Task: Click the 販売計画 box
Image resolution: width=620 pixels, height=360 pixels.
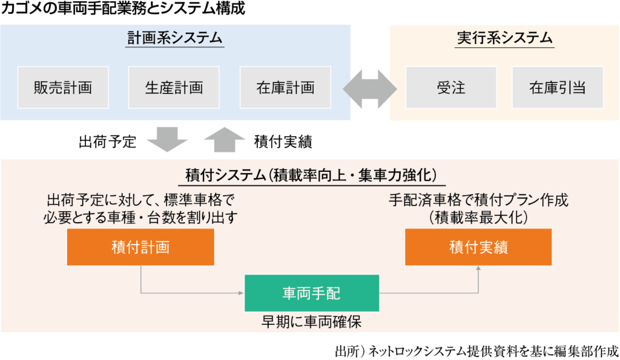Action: (x=63, y=87)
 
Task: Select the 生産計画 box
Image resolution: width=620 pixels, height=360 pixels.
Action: (x=174, y=87)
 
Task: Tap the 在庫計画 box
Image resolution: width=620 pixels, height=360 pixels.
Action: (x=286, y=87)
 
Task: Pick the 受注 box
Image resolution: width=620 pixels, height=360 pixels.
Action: (x=451, y=87)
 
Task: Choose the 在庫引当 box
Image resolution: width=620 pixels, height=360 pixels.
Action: (x=558, y=87)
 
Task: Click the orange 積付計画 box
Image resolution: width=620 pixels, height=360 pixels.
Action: (x=140, y=247)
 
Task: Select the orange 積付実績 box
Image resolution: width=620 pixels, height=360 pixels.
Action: (x=478, y=247)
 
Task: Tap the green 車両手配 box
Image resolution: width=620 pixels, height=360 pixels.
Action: (x=312, y=293)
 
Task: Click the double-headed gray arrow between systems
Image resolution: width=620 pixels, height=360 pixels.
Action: (x=370, y=89)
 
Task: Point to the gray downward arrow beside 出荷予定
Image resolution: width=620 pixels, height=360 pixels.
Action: (x=167, y=140)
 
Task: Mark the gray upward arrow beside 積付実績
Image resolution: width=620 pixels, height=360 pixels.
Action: (x=225, y=140)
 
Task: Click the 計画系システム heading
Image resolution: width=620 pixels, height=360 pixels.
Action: (x=175, y=38)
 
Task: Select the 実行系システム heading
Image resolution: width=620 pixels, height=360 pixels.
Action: (x=504, y=38)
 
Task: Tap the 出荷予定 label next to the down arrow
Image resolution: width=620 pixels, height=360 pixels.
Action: (x=108, y=142)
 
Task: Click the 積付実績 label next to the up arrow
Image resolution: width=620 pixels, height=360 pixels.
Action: (x=283, y=142)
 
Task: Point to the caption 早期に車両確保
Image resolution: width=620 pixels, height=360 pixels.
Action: (x=312, y=322)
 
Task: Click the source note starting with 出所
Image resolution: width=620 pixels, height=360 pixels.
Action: (x=477, y=351)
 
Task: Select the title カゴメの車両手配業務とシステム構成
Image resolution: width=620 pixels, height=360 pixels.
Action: (x=123, y=8)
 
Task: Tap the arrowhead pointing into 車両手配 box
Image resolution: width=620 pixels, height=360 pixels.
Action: (x=241, y=293)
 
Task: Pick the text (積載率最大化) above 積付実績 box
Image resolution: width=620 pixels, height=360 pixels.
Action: (x=478, y=217)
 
